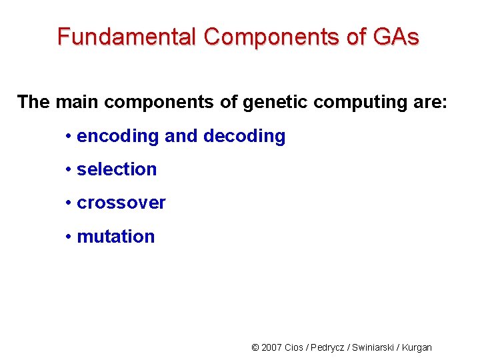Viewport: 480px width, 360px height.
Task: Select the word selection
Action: pos(117,169)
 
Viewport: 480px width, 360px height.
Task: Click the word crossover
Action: pos(121,203)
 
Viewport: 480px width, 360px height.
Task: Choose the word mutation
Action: pos(116,237)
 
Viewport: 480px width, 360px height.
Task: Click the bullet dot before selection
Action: pos(69,170)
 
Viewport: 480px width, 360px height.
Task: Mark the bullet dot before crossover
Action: pos(69,203)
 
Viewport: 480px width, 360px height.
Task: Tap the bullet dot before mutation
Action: pos(69,237)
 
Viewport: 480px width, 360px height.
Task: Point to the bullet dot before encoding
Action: pos(69,137)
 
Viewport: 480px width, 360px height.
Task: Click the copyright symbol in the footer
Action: pos(255,347)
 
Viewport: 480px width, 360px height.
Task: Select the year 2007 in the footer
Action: pos(271,347)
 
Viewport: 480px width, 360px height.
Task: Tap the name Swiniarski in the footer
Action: pos(374,347)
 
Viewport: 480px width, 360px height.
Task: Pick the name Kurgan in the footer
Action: pos(418,347)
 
